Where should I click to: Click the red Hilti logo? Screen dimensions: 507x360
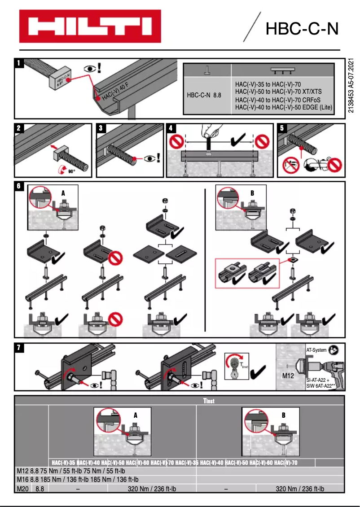point(90,26)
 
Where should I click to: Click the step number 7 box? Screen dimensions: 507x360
point(19,348)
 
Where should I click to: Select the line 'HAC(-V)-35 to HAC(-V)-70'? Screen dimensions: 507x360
point(268,84)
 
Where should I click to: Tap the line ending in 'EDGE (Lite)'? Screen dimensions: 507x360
point(283,107)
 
